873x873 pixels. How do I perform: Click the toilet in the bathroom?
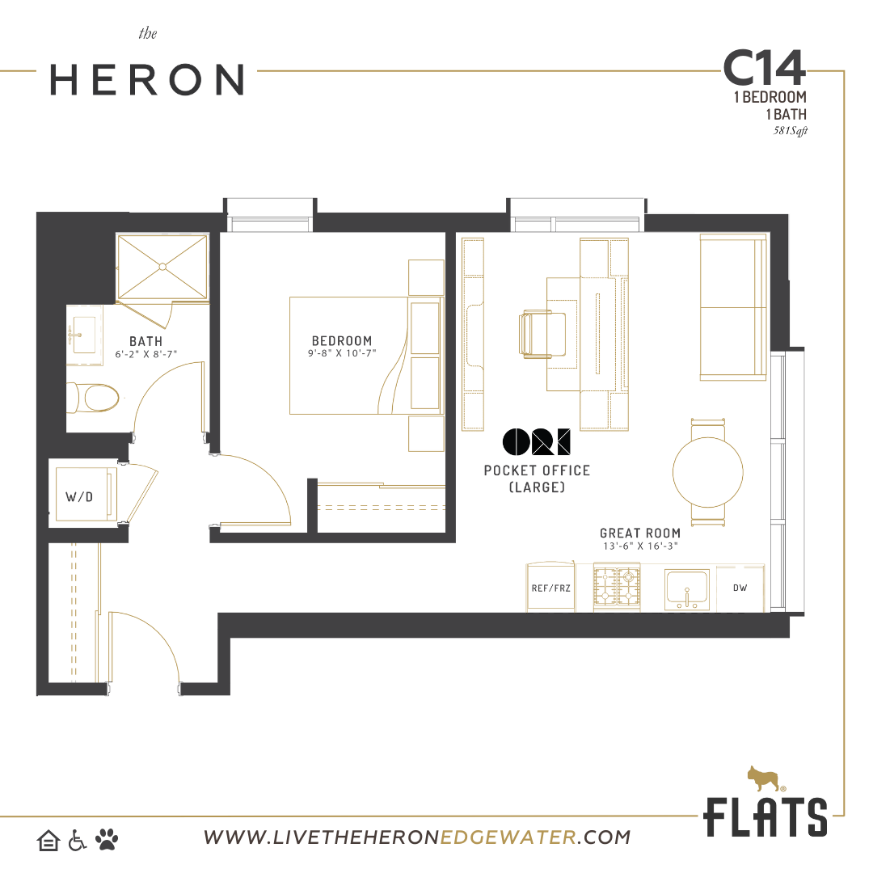point(93,398)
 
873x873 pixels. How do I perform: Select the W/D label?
point(79,496)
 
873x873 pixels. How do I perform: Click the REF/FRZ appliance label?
point(550,588)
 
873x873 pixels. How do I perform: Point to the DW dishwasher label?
point(740,588)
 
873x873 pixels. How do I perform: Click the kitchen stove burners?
point(617,588)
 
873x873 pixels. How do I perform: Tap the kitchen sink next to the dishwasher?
point(687,589)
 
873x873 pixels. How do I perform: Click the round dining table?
point(707,472)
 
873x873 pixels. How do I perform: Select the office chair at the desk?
point(542,334)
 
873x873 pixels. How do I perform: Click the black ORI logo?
point(536,442)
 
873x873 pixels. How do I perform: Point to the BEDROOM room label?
point(342,341)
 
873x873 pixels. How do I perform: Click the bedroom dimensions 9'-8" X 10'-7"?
point(343,353)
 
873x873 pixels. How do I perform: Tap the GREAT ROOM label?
point(640,533)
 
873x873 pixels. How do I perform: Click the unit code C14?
point(764,68)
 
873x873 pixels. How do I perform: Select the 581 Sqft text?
point(790,131)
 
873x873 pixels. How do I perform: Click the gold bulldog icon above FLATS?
point(765,778)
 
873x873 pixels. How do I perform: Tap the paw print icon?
point(107,839)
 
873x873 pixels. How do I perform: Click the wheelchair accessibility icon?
point(77,840)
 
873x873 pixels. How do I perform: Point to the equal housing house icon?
point(48,840)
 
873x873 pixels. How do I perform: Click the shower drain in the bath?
point(162,268)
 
